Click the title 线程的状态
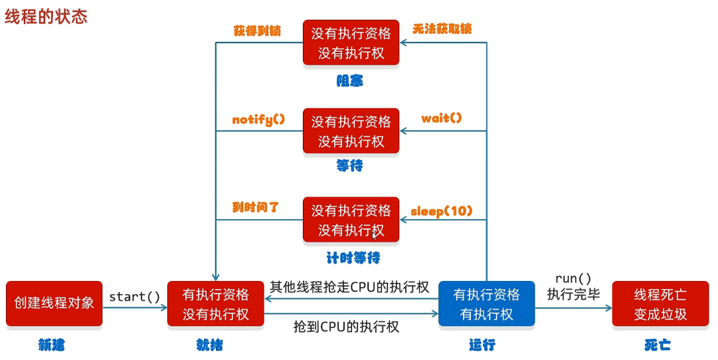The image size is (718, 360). click(46, 17)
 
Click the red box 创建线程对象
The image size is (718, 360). click(54, 304)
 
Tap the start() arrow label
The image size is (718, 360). click(134, 297)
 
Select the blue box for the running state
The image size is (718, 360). click(486, 304)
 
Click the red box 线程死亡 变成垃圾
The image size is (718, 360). click(660, 304)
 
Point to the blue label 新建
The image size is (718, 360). click(51, 345)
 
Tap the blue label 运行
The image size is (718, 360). click(482, 345)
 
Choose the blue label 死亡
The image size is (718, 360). click(657, 345)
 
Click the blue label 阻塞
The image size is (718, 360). click(350, 81)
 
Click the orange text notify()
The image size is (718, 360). click(258, 120)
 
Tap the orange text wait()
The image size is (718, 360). click(442, 119)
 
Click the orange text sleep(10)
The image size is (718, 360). click(442, 211)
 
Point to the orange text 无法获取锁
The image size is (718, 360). click(442, 29)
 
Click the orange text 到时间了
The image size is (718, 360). click(256, 207)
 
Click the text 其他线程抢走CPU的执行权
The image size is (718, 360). click(349, 288)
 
